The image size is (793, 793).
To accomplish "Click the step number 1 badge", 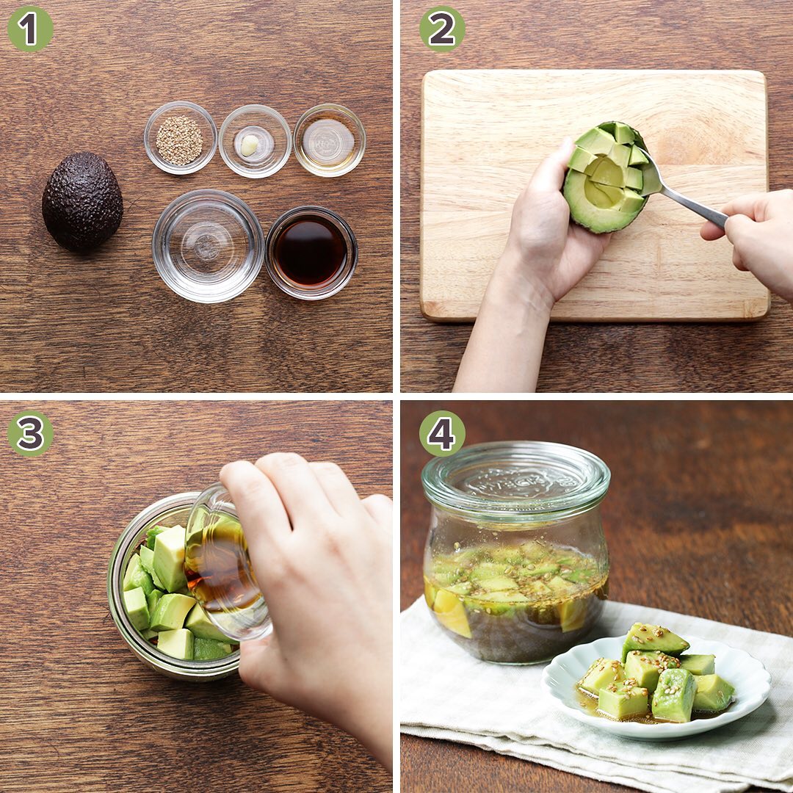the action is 30,29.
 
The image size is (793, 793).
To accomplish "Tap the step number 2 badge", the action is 441,29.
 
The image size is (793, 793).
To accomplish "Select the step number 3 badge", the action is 30,433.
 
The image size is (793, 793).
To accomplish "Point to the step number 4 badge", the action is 441,433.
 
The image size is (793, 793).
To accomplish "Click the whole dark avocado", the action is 82,201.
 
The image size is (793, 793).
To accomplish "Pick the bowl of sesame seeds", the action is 181,137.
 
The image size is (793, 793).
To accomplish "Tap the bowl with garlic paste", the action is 255,141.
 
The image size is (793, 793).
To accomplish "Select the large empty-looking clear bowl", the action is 208,246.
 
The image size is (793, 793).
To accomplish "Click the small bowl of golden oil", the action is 329,140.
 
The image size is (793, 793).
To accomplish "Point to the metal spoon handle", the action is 693,205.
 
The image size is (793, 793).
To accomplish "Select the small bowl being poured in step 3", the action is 228,562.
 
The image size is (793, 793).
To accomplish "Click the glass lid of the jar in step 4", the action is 516,479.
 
